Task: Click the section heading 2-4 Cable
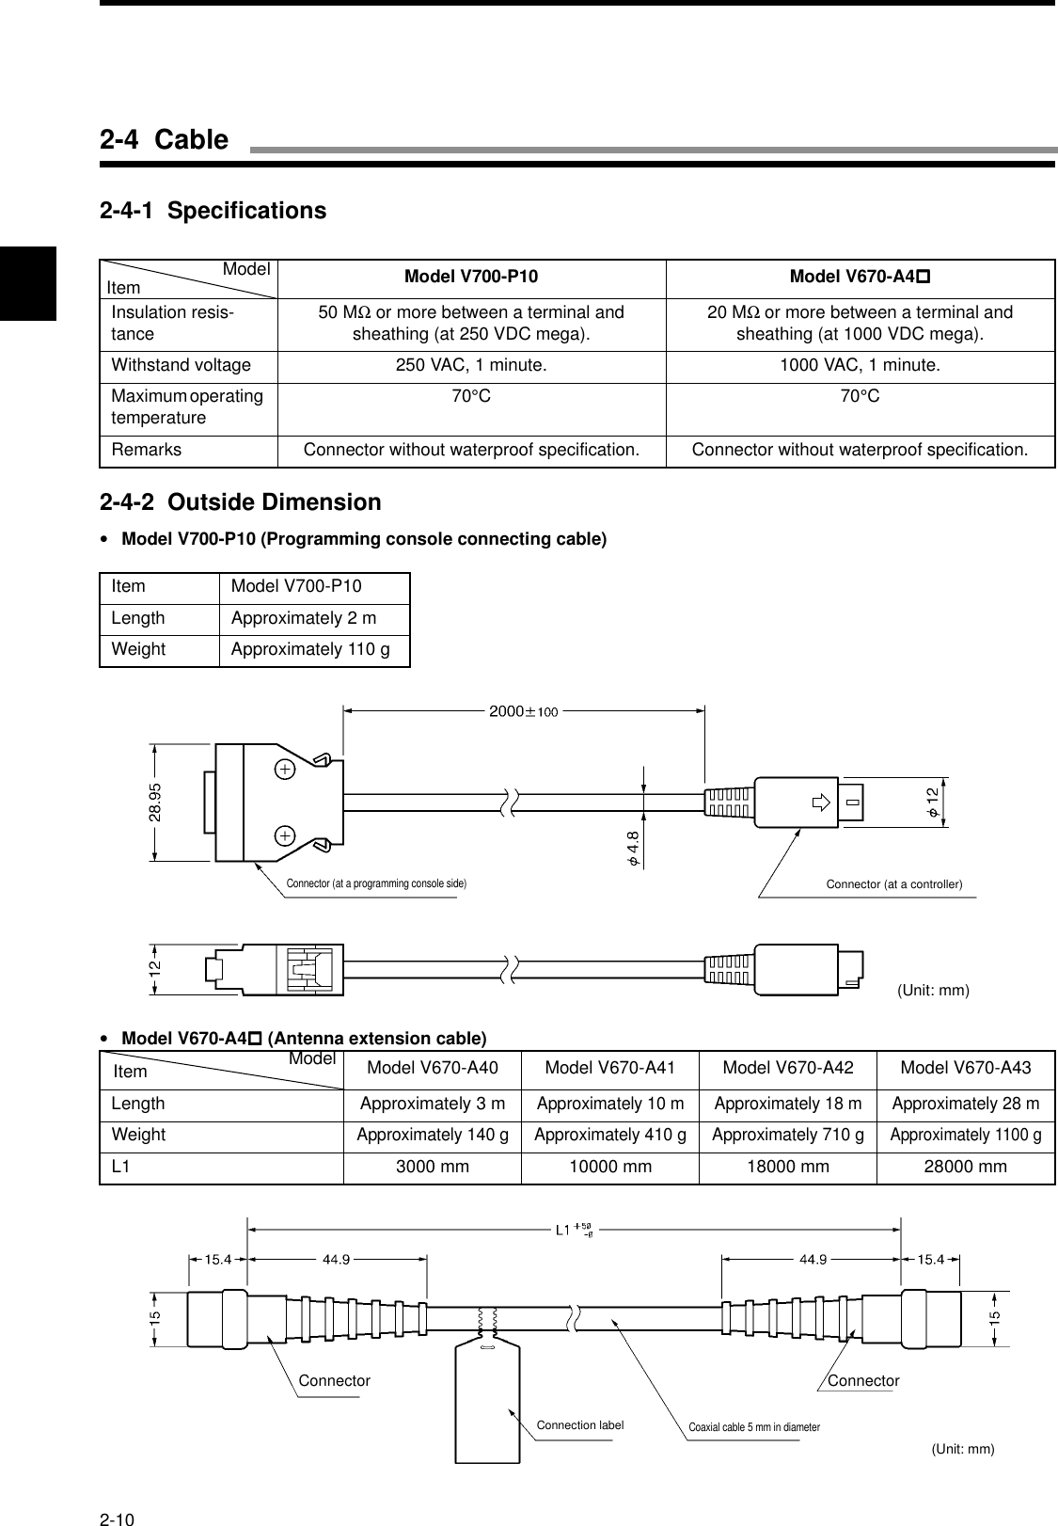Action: [165, 140]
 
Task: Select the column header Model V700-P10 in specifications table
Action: [471, 277]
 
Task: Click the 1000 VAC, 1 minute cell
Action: [860, 365]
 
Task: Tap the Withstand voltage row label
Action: [181, 365]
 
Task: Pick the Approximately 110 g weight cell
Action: [310, 649]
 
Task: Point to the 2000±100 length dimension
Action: [524, 711]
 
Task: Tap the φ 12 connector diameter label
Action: [932, 800]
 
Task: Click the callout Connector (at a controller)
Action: [893, 884]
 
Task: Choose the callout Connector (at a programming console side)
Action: [376, 883]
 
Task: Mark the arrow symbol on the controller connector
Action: [821, 803]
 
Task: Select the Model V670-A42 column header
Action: [787, 1068]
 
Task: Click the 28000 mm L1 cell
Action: [965, 1167]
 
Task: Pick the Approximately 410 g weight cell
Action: [609, 1135]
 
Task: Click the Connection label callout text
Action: [579, 1425]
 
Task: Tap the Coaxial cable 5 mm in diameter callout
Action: [754, 1427]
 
